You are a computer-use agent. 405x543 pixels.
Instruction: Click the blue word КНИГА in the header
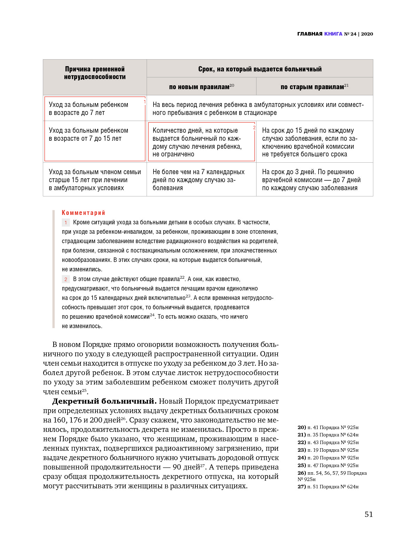333,34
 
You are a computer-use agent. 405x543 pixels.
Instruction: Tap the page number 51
368,514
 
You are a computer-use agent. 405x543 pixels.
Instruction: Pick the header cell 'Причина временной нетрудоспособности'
95,73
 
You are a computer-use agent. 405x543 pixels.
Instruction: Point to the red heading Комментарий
83,213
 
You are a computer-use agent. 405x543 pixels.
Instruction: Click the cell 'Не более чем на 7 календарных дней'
198,180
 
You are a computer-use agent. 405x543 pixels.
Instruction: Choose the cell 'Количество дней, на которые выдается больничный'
197,142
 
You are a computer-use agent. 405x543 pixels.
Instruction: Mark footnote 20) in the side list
302,427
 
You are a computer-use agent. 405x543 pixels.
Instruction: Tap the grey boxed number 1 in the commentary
65,223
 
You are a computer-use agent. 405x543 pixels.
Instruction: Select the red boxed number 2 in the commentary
65,279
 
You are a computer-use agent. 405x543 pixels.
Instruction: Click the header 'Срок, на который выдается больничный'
260,69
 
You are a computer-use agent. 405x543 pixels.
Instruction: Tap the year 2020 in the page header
367,34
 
